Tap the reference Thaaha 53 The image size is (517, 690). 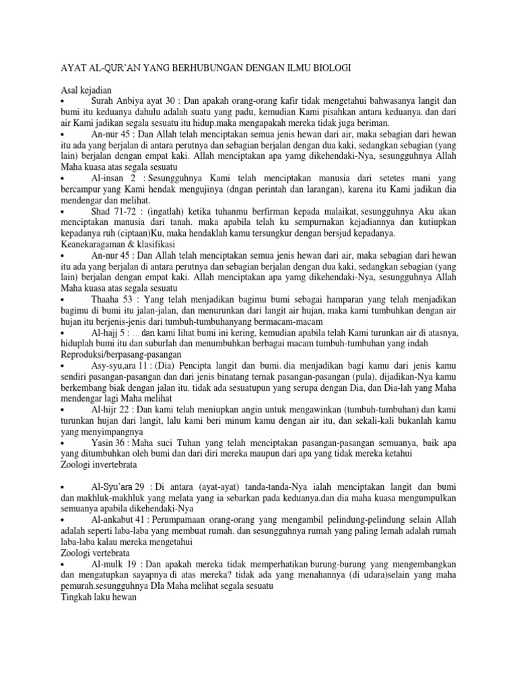coord(114,298)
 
